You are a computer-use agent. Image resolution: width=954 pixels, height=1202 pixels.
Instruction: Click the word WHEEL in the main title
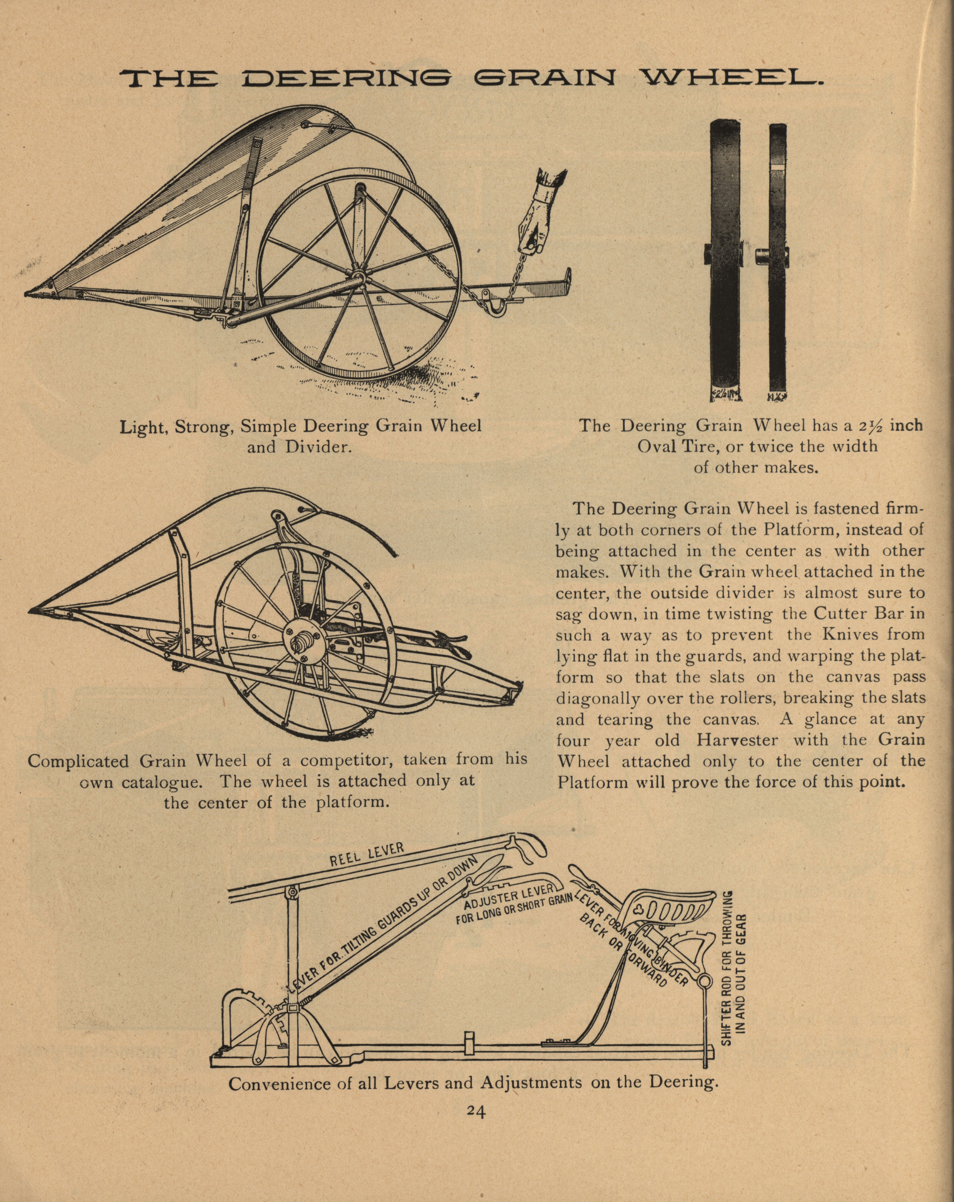click(x=729, y=79)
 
